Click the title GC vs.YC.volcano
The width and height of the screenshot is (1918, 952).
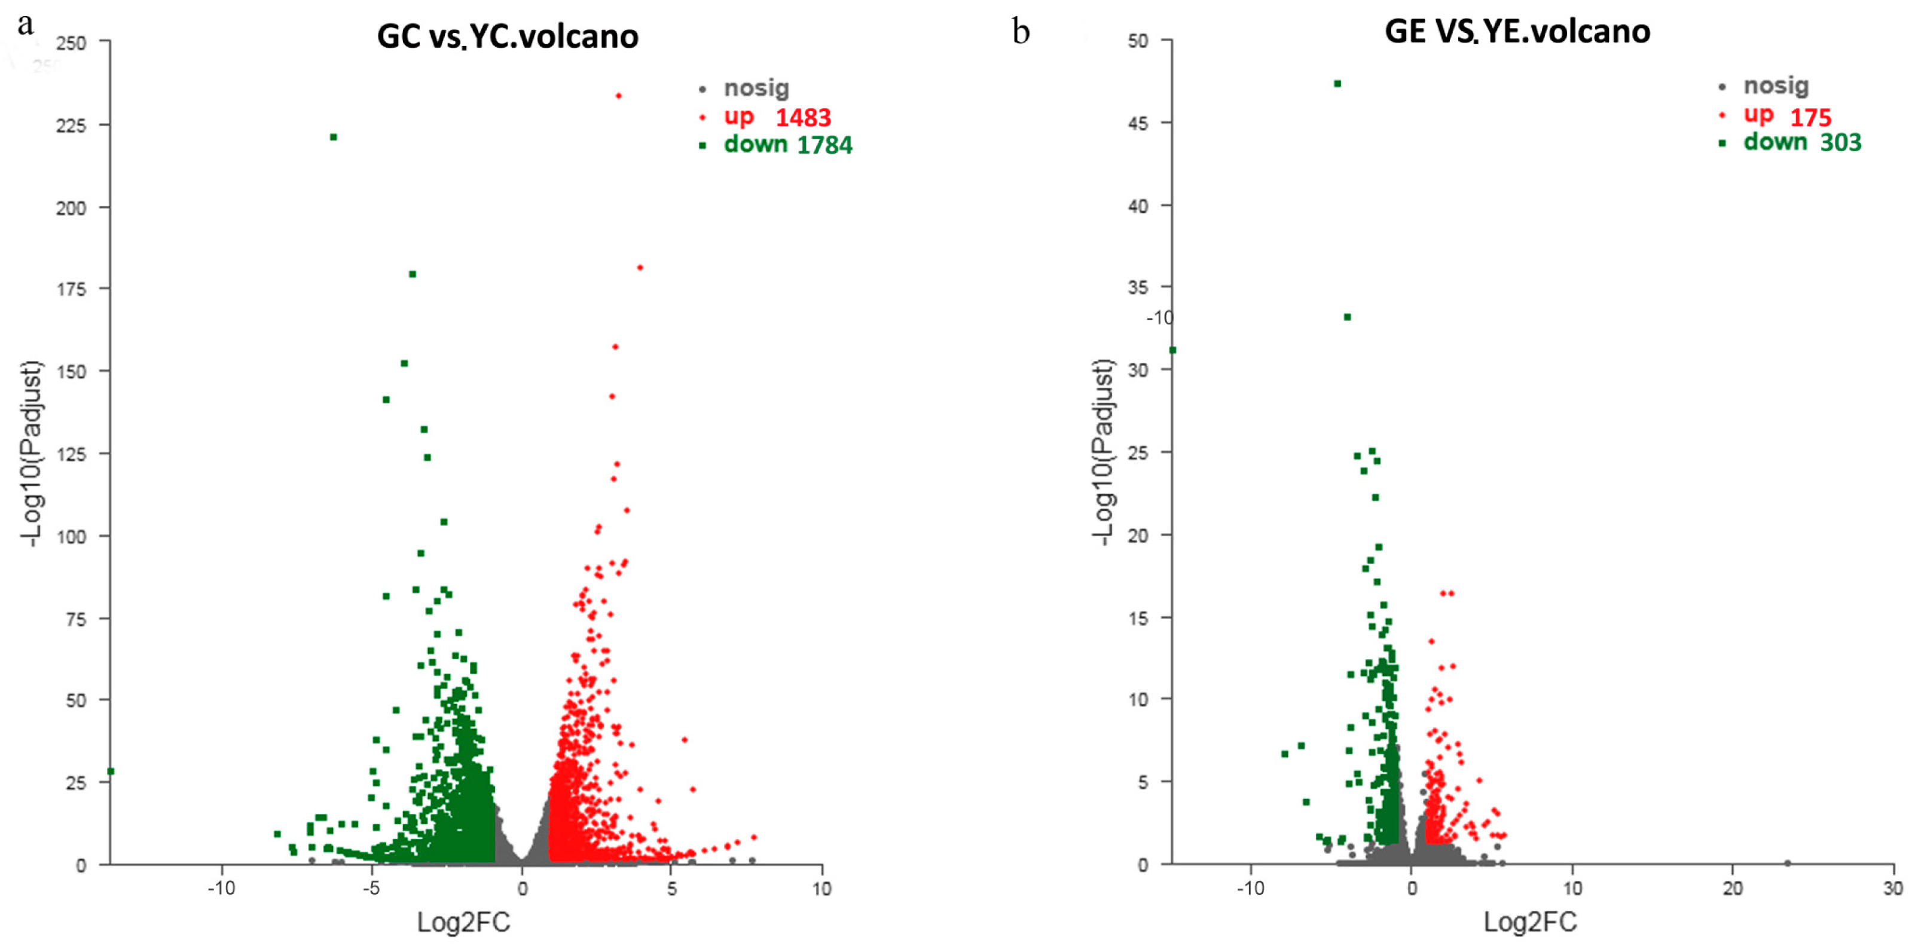[x=507, y=36]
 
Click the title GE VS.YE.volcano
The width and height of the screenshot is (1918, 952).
[x=1517, y=31]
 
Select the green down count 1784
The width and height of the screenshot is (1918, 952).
[x=824, y=145]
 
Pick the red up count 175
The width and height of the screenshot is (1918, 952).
[x=1810, y=118]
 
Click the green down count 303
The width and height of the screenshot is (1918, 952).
[x=1840, y=142]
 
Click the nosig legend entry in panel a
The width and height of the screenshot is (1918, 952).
[x=755, y=88]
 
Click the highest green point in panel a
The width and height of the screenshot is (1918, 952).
[x=334, y=137]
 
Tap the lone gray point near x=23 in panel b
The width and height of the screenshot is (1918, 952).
[x=1787, y=864]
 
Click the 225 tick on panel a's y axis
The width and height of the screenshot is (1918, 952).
[x=72, y=125]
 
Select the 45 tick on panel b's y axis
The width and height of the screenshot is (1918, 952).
[x=1138, y=124]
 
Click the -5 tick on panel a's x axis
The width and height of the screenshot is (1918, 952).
[x=371, y=889]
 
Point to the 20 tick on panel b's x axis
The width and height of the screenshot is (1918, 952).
[x=1733, y=889]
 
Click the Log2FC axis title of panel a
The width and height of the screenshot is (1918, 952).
[x=463, y=922]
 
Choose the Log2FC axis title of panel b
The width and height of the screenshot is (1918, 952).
[x=1530, y=922]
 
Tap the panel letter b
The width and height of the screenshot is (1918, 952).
[x=1021, y=32]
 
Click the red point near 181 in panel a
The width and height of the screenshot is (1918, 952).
[x=640, y=268]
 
